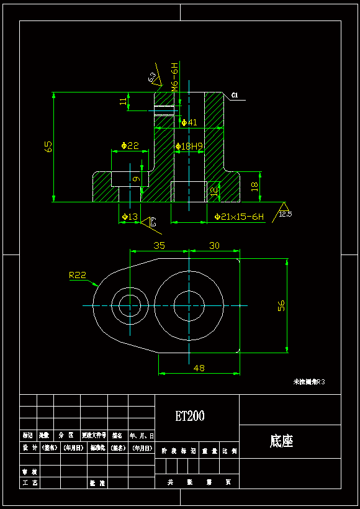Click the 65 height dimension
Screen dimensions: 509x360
pos(48,146)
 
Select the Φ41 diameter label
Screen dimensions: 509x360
pos(189,122)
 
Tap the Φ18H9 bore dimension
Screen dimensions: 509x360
pos(189,146)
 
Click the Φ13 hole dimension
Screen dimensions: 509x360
pos(129,217)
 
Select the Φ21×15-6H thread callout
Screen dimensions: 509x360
pos(239,217)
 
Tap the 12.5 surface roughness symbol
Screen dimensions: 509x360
pos(285,214)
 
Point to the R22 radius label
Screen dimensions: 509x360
pos(77,274)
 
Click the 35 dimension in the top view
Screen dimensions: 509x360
pos(160,246)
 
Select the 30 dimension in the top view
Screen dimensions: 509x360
pos(214,246)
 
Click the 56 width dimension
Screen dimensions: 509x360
pos(281,305)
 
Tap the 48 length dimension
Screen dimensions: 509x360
pos(199,368)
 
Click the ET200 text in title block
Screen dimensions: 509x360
pos(190,416)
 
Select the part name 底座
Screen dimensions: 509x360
pos(281,441)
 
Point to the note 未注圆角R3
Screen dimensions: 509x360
pos(308,382)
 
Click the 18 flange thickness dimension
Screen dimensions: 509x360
pos(254,187)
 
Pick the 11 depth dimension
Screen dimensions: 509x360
pos(124,101)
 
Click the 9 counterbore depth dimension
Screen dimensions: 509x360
pos(136,179)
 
